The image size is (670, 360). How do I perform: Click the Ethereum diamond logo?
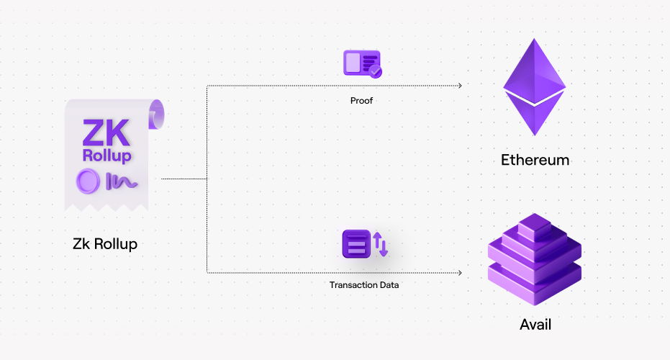click(x=534, y=86)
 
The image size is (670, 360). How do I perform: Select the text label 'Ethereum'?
click(x=535, y=160)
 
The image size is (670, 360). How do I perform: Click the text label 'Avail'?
click(x=535, y=324)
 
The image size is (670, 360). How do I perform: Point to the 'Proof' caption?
click(x=362, y=101)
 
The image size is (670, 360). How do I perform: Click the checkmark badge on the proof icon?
click(x=375, y=71)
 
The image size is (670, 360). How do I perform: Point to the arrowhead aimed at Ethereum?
click(x=458, y=85)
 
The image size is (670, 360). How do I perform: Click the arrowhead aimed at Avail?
click(x=458, y=272)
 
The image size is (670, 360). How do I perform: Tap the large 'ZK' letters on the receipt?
click(x=106, y=131)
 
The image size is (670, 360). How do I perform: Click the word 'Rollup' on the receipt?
click(x=107, y=156)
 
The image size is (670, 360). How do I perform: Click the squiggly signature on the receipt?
click(x=121, y=181)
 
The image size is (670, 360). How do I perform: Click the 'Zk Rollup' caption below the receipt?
click(x=105, y=244)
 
